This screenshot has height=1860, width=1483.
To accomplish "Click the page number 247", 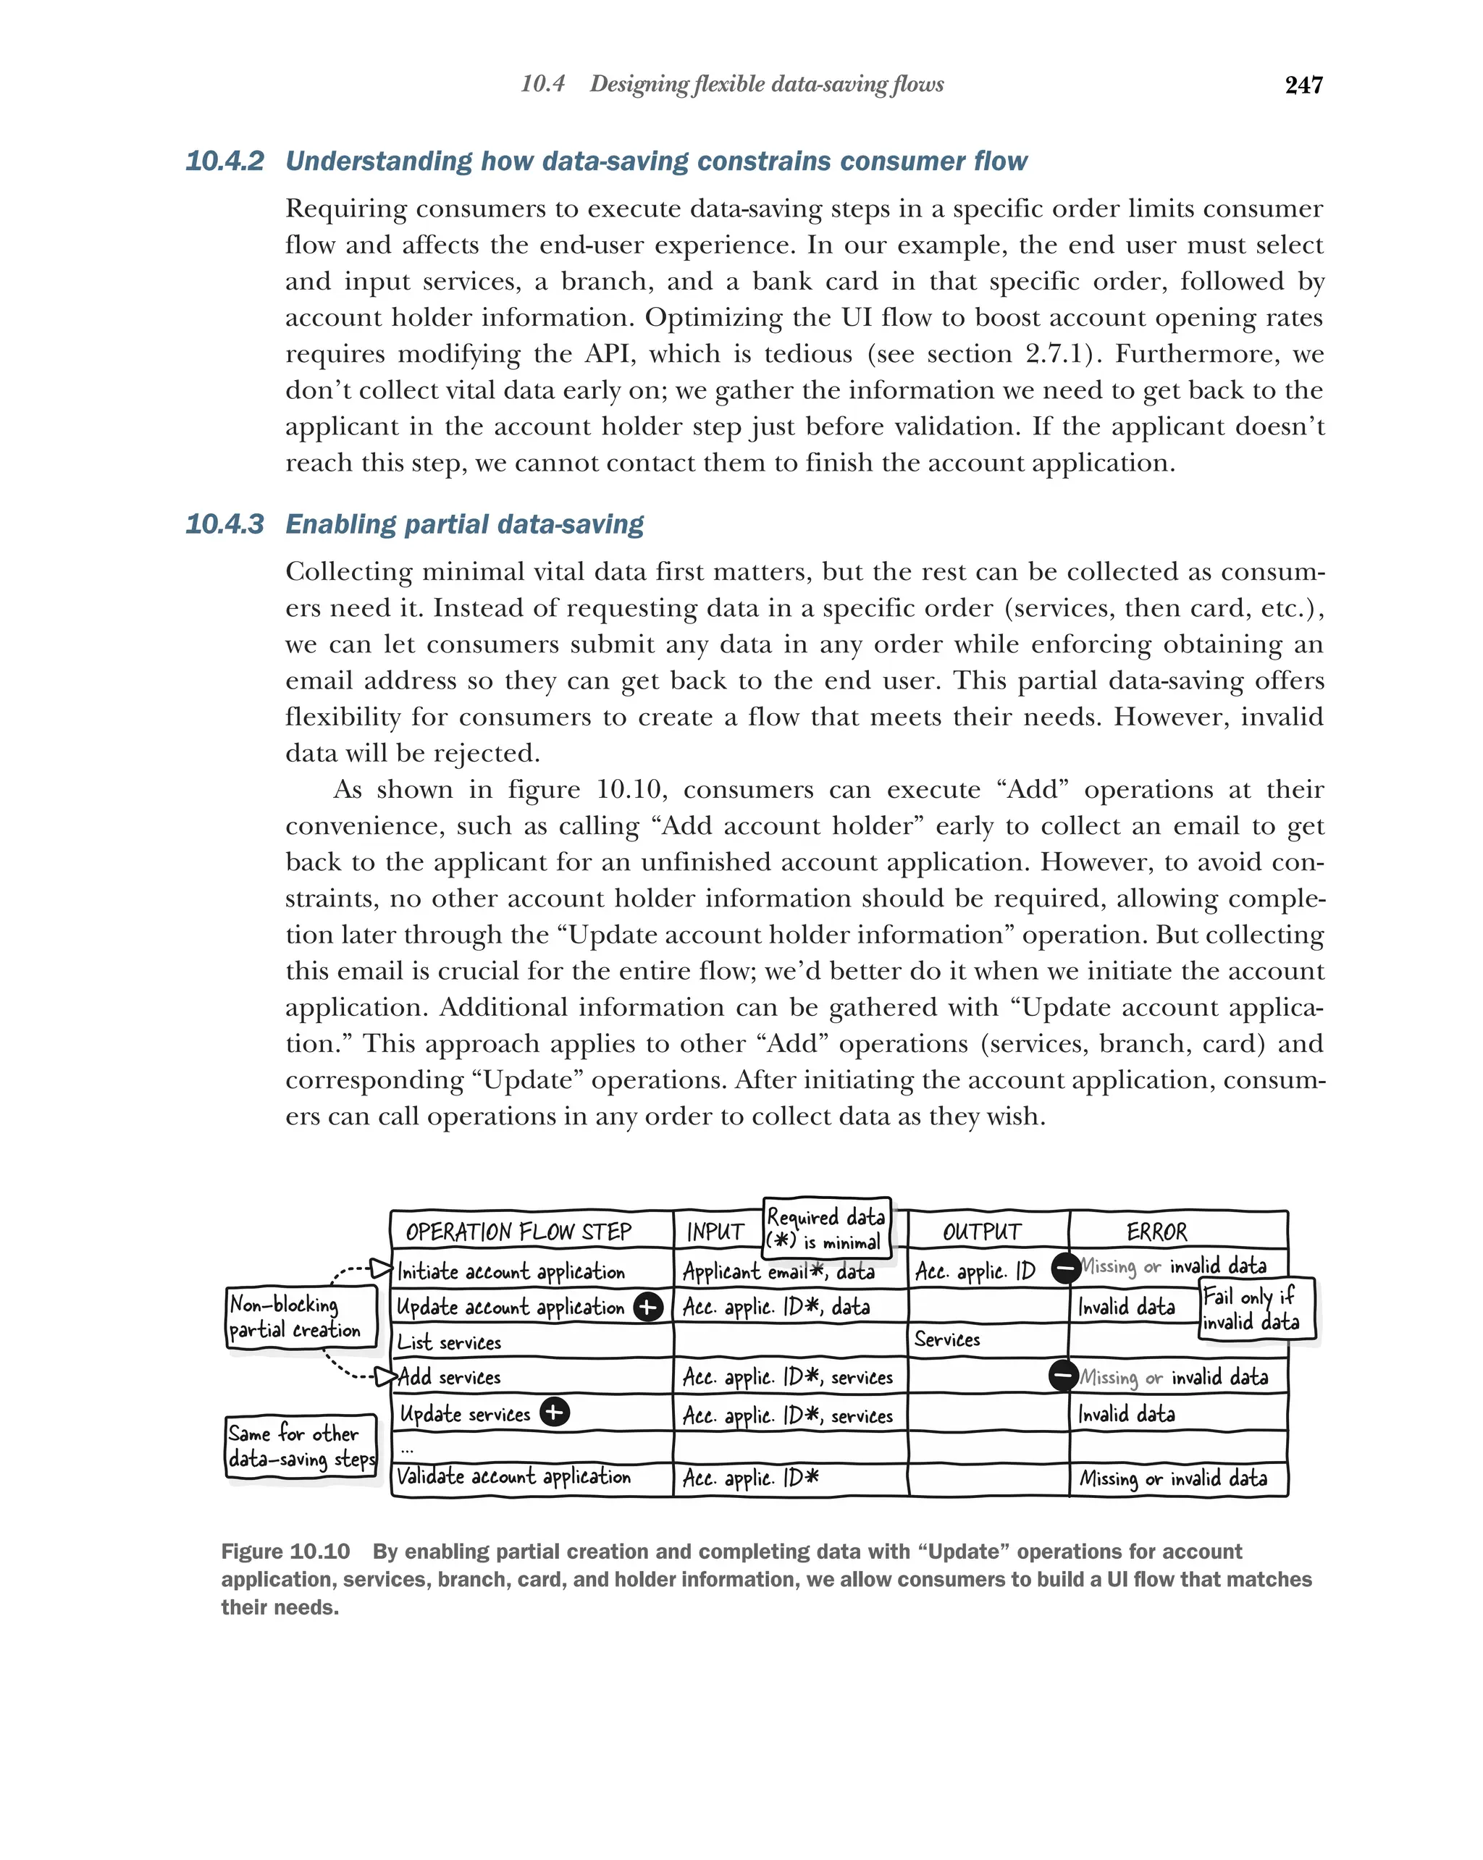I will click(1303, 85).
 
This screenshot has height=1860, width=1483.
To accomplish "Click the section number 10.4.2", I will click(224, 161).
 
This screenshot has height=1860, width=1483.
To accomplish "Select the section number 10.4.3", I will click(224, 524).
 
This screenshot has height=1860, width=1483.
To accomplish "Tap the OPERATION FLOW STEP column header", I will click(518, 1231).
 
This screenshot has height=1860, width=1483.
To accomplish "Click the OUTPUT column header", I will click(981, 1231).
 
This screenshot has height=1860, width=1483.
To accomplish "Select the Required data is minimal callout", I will click(825, 1229).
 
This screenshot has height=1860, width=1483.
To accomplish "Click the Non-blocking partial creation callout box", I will click(301, 1316).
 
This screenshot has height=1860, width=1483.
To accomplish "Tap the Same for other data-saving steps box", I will click(301, 1446).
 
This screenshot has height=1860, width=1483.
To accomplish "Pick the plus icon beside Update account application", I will click(648, 1307).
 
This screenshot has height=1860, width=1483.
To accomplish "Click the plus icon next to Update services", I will click(555, 1413).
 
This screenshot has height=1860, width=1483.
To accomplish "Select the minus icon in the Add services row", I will click(1063, 1375).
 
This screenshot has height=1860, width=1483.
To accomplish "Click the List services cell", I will click(450, 1342).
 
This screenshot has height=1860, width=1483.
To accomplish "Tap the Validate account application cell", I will click(514, 1476).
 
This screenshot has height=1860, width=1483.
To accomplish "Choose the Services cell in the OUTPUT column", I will click(947, 1339).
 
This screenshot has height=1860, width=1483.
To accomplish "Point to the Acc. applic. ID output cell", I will click(975, 1271).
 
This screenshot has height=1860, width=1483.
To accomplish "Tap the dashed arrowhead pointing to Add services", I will click(384, 1375).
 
